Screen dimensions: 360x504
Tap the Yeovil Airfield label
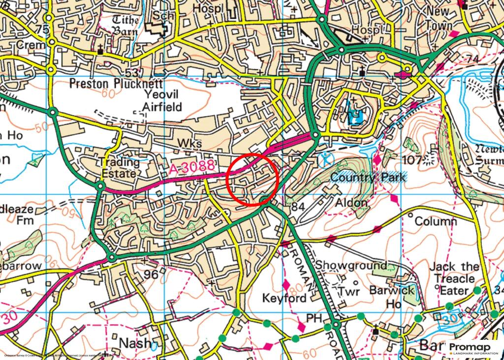[x=162, y=100]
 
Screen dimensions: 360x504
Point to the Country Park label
[x=369, y=177]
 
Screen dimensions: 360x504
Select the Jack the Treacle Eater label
[x=454, y=278]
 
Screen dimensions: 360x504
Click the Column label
[x=436, y=221]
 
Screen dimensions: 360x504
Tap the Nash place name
[x=135, y=343]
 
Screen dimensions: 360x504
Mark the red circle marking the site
[x=253, y=178]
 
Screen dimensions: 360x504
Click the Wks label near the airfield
[x=189, y=143]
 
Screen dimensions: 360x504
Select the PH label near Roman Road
[x=314, y=318]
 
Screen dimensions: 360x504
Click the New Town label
[x=439, y=18]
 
